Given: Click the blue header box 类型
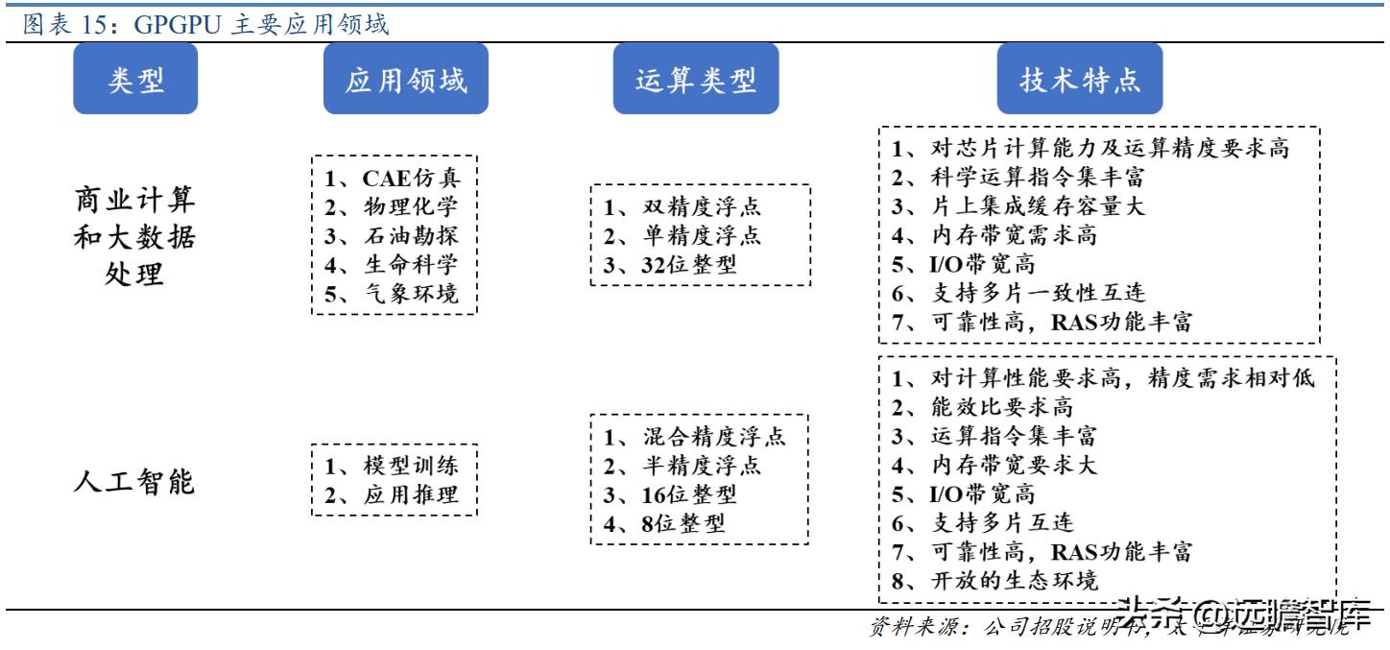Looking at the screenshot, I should coord(135,79).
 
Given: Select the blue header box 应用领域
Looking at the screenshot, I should coord(405,79).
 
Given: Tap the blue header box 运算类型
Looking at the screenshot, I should coord(696,79).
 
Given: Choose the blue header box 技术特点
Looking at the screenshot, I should coord(1080,79).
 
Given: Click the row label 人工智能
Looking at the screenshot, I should coord(134,479).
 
